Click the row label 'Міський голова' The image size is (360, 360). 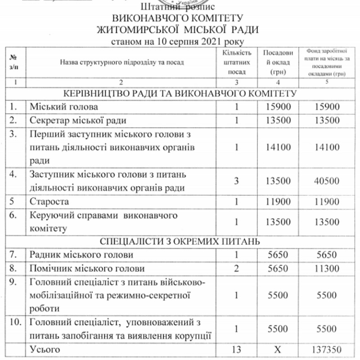coord(63,108)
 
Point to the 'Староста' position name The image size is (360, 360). coord(49,201)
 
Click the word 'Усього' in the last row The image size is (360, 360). coord(44,349)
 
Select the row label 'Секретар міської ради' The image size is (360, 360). coord(78,121)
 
